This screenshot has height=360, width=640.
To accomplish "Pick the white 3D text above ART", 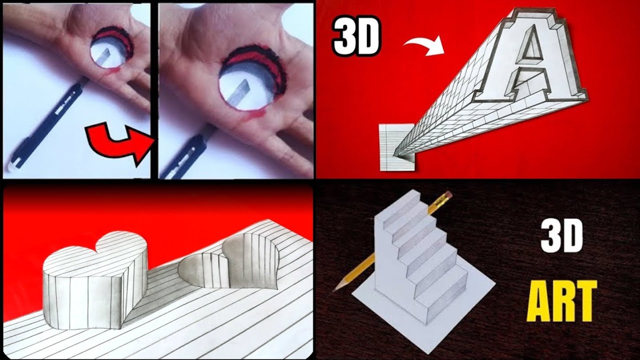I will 562,237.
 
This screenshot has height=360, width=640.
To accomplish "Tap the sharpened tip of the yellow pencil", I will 335,288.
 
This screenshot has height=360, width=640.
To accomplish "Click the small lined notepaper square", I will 395,147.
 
